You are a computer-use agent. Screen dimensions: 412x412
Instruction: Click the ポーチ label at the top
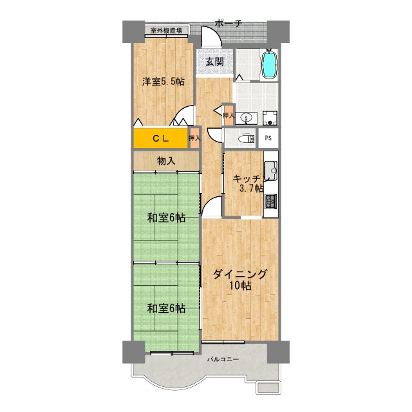229,24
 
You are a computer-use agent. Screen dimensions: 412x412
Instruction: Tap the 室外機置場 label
166,30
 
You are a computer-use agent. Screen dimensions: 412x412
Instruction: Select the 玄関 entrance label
214,62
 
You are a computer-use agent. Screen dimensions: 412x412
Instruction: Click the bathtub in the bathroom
270,64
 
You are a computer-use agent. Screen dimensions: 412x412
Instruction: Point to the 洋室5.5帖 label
164,82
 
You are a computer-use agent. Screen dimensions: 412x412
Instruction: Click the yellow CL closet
160,138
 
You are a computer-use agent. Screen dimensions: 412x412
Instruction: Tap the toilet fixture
243,138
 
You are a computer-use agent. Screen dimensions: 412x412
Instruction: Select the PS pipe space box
268,138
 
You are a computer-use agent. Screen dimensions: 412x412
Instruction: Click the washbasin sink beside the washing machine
247,118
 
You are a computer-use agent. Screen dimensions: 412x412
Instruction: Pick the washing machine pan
269,117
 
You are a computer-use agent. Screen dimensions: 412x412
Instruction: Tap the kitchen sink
270,171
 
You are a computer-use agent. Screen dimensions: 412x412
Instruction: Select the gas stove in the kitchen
270,200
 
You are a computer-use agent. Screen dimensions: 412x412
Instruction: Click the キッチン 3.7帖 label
248,183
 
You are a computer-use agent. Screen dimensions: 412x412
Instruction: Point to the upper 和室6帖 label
165,218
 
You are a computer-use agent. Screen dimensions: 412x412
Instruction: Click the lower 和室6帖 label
165,308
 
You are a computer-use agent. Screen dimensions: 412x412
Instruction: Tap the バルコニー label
223,359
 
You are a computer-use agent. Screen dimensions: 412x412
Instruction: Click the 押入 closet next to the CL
194,138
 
